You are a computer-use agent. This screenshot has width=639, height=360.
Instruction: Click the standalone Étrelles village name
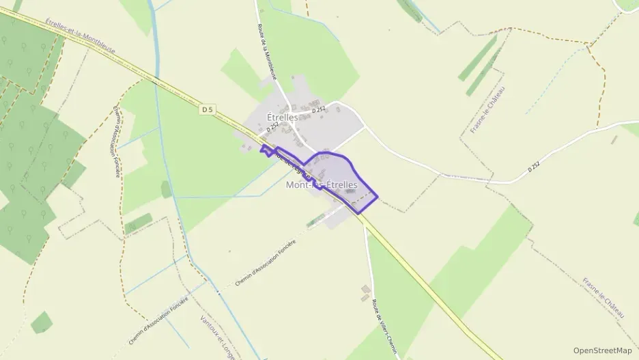(x=283, y=117)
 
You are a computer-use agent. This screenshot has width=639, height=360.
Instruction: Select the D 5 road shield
(x=208, y=109)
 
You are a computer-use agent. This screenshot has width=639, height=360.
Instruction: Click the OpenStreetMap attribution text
(x=603, y=350)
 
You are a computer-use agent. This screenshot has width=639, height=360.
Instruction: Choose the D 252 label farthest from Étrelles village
(x=533, y=167)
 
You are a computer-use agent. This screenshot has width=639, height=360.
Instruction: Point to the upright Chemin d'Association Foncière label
(x=117, y=141)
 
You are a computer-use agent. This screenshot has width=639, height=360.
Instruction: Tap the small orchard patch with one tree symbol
(x=167, y=189)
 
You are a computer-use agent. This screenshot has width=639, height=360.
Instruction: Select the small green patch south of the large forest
(x=42, y=322)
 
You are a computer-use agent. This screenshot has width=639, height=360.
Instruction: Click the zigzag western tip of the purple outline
(x=263, y=150)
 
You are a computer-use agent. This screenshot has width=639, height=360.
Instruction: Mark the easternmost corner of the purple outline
(x=378, y=198)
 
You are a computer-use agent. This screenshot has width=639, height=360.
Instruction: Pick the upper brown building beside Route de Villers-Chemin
(x=365, y=289)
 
